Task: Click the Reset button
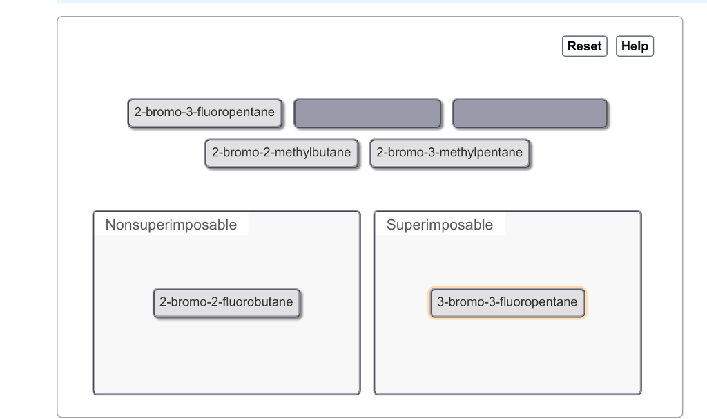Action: tap(584, 46)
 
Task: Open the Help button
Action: tap(635, 46)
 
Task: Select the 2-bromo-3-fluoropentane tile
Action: tap(204, 113)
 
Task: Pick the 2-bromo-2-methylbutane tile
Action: tap(281, 153)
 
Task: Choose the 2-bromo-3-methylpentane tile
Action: tap(449, 153)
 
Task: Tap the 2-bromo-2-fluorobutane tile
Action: tap(226, 303)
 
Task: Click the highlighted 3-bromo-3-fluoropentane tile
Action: tap(507, 303)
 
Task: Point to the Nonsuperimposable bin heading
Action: tap(171, 225)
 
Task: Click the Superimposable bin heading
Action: tap(440, 225)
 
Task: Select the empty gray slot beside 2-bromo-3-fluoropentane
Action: tap(367, 113)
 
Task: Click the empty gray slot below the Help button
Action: tap(530, 113)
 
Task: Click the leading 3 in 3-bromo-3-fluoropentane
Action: tap(440, 303)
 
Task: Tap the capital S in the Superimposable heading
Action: tap(391, 225)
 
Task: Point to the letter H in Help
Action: tap(626, 46)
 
